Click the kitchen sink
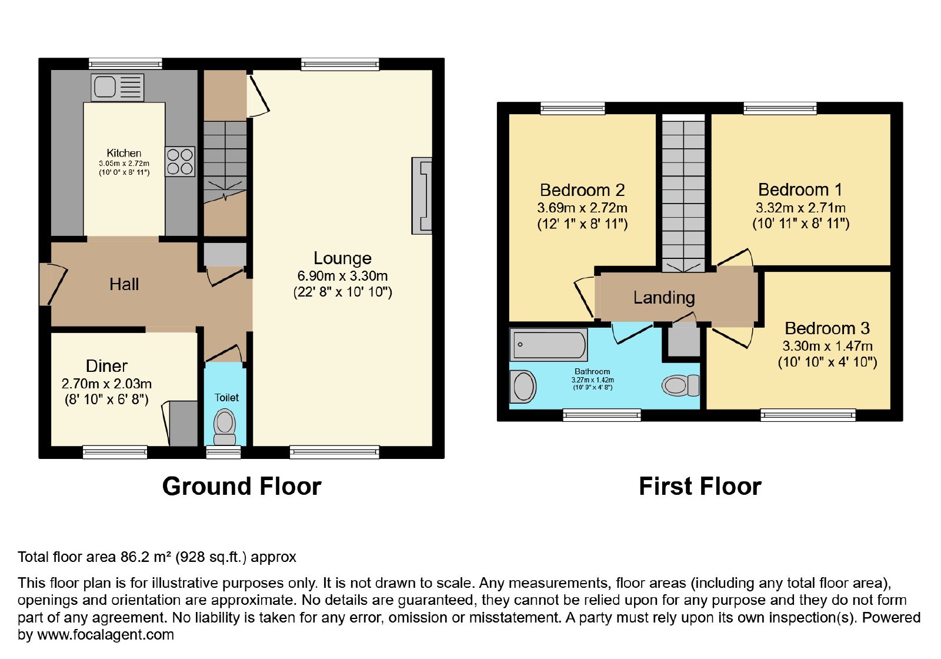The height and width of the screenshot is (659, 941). pos(117,88)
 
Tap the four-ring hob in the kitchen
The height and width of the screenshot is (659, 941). pos(180,161)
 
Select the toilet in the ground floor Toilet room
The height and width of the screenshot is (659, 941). pos(225,427)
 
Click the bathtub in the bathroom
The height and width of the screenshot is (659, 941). pos(548,345)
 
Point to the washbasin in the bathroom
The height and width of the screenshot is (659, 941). pos(523,387)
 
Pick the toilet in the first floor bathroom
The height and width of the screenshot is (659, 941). pos(680,385)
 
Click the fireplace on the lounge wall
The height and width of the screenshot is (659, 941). pos(422,195)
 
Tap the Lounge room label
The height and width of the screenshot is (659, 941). pos(342,258)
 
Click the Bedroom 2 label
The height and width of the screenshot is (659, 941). pos(582,191)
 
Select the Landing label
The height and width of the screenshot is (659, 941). pos(664,298)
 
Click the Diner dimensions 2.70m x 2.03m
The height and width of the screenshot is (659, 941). pos(106,384)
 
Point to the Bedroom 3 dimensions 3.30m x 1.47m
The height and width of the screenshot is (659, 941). pos(827,346)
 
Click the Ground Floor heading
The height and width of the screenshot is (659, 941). pos(242,486)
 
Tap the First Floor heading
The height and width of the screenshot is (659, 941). pos(700,486)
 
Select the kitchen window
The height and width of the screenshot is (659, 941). pos(126,64)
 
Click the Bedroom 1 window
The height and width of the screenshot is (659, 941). pos(780,108)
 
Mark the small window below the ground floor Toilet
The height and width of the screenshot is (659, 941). pos(223,452)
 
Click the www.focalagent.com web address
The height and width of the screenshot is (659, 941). pos(105,635)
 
